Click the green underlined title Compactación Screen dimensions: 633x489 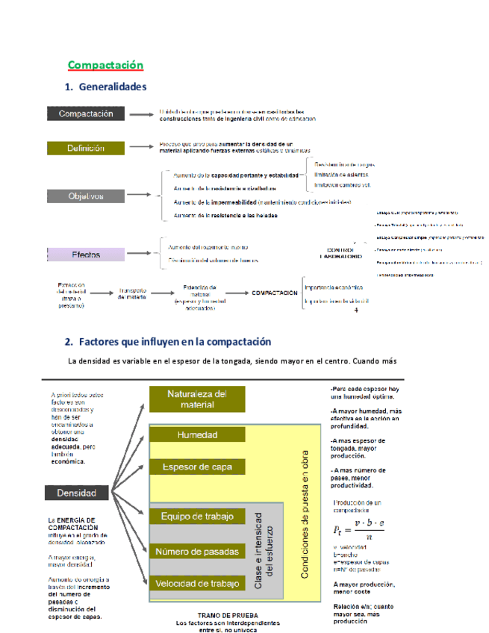(105, 65)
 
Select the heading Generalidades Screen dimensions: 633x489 (111, 87)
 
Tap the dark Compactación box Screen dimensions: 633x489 (86, 114)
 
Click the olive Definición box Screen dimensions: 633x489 (86, 149)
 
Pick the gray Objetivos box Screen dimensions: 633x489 (86, 196)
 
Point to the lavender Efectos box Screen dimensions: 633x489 (86, 255)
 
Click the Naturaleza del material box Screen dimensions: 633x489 (196, 399)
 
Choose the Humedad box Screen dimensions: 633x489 (197, 435)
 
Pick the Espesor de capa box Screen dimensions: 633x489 (197, 467)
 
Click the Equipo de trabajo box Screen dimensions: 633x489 (197, 517)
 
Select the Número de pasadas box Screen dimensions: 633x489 (197, 552)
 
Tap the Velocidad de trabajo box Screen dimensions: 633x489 (197, 583)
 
